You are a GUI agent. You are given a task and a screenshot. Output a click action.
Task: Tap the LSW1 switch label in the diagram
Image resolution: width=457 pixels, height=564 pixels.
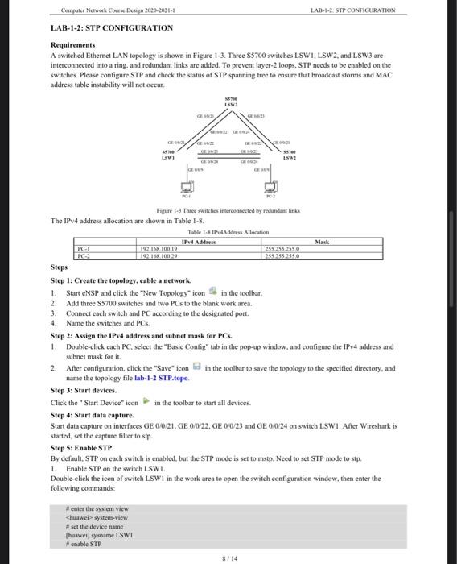(x=168, y=153)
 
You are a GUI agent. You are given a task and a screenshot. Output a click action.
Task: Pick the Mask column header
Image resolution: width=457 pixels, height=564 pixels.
(x=322, y=242)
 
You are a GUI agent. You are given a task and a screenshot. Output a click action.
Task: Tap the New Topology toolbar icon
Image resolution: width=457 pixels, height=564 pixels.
(x=212, y=292)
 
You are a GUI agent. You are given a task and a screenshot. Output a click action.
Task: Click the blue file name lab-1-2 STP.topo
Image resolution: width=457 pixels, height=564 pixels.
(x=163, y=378)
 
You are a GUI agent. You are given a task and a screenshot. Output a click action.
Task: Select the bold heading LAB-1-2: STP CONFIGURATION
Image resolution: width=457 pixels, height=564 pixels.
(x=112, y=27)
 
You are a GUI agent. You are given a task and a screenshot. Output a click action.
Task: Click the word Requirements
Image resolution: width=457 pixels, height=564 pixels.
(x=73, y=46)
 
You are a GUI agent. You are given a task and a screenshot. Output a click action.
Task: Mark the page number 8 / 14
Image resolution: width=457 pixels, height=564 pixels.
(x=228, y=556)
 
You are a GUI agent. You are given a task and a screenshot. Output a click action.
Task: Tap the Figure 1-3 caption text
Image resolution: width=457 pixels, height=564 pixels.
(x=228, y=209)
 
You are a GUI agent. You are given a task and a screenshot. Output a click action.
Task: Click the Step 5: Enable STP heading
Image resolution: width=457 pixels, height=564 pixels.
(x=82, y=447)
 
